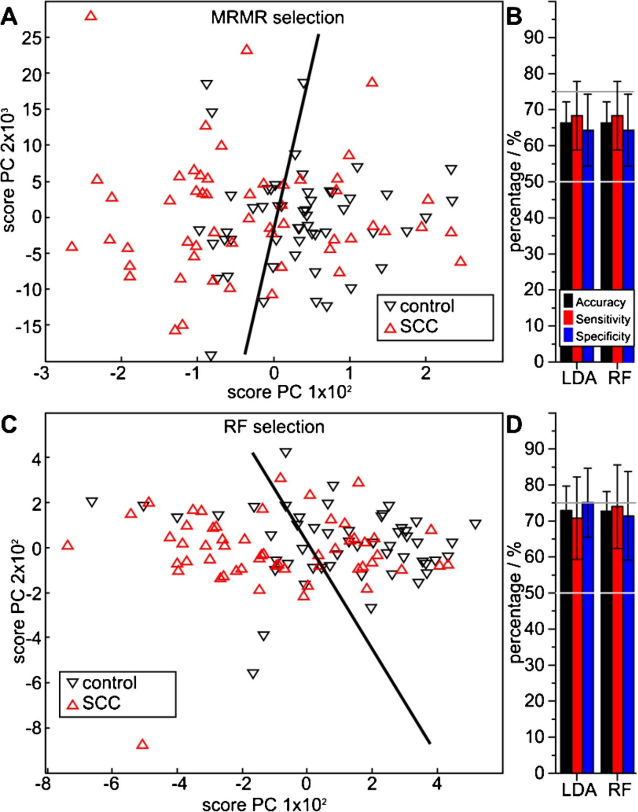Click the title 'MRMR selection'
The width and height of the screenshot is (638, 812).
277,18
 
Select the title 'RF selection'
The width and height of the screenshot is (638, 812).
274,427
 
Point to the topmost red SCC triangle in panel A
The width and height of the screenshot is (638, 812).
91,15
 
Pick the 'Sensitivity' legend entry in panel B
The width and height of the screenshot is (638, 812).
597,319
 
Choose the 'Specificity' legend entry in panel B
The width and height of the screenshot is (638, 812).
597,337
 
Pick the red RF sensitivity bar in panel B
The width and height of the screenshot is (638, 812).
618,239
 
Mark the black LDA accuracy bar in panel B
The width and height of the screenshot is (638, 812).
566,242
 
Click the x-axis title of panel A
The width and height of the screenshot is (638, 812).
290,393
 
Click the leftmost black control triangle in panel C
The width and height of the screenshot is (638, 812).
92,502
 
